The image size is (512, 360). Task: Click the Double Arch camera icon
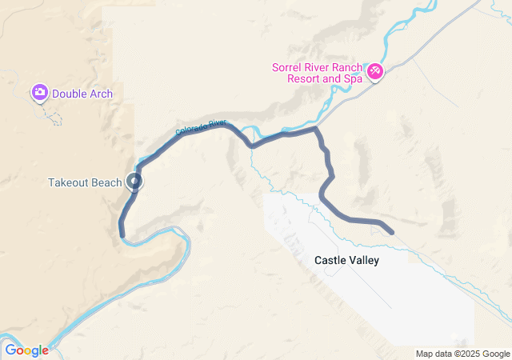click(39, 94)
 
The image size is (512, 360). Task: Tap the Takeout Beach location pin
click(134, 182)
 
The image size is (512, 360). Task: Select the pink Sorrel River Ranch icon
click(374, 74)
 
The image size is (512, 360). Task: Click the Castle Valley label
click(346, 260)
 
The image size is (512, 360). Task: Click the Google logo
click(26, 350)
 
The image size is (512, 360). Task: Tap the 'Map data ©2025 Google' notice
click(462, 354)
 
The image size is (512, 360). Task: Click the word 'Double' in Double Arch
click(69, 94)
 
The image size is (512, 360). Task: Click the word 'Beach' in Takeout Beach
click(108, 182)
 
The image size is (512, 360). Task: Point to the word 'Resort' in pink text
click(304, 79)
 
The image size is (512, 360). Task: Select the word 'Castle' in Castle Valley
click(330, 260)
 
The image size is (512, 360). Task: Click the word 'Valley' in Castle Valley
click(364, 260)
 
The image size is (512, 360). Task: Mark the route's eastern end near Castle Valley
click(391, 233)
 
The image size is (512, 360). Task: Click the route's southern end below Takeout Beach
click(122, 234)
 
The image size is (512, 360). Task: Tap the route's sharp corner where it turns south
click(317, 128)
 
